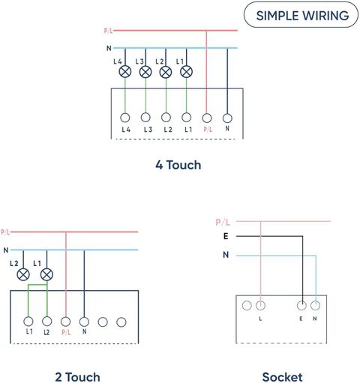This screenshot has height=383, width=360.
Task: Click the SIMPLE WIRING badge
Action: [x=301, y=15]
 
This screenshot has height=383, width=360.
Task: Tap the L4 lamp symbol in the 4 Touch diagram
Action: [x=125, y=72]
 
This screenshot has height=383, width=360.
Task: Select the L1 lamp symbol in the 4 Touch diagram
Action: [x=186, y=72]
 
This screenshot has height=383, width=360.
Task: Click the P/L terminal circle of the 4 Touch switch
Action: [x=207, y=118]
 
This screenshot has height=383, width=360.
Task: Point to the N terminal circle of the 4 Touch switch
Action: [x=227, y=118]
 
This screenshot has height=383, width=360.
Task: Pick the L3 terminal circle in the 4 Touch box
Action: [x=145, y=117]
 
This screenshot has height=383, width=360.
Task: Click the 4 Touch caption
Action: [x=178, y=165]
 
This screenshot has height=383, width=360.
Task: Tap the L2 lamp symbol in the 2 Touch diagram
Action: [x=23, y=275]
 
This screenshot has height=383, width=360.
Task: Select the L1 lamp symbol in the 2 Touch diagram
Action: [x=46, y=275]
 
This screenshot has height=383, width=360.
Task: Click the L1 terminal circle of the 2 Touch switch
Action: [x=28, y=322]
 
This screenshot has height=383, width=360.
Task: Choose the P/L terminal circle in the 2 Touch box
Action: [x=65, y=322]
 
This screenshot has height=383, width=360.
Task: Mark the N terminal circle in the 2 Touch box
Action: [x=84, y=322]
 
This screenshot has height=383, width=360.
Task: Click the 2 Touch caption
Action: [x=77, y=377]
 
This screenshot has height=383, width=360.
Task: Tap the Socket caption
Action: [x=282, y=377]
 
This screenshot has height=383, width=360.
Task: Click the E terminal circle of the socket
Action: [x=301, y=305]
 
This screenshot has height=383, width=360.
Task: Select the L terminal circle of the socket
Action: [x=260, y=305]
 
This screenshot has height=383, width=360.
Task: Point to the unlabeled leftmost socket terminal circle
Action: [x=247, y=305]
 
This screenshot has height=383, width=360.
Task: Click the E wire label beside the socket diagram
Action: [x=226, y=236]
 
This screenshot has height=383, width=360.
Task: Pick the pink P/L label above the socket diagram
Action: [x=223, y=222]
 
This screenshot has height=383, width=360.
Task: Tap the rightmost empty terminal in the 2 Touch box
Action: [x=121, y=322]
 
